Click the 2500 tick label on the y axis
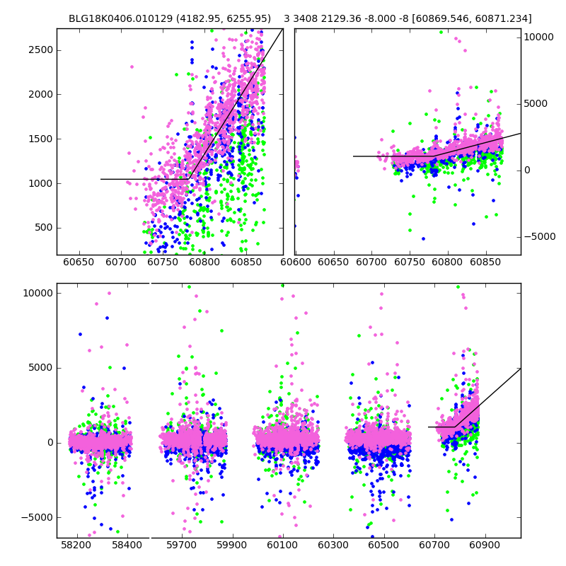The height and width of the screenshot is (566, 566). (41, 50)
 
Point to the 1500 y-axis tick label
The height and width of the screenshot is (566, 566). (41, 139)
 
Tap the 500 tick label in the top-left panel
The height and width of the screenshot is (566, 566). (44, 228)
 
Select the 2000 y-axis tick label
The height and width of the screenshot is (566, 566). (41, 94)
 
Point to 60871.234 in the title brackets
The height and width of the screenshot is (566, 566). (501, 18)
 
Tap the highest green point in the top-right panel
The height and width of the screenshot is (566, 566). (441, 32)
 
